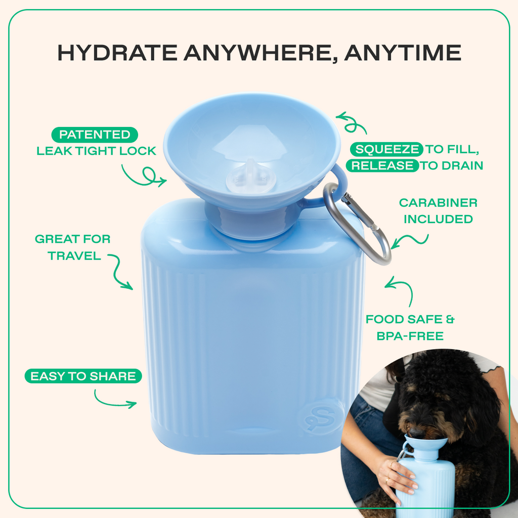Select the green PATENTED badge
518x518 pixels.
coord(95,135)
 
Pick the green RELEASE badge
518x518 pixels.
coord(382,165)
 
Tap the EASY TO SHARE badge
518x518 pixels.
coord(83,376)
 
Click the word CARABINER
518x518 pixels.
coord(438,203)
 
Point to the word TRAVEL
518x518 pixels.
coord(75,255)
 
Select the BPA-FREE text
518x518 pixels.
coord(410,336)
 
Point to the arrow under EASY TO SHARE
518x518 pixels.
coord(115,400)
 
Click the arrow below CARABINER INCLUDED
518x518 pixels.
coord(410,241)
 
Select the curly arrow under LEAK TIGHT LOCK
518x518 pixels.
coord(143,175)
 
